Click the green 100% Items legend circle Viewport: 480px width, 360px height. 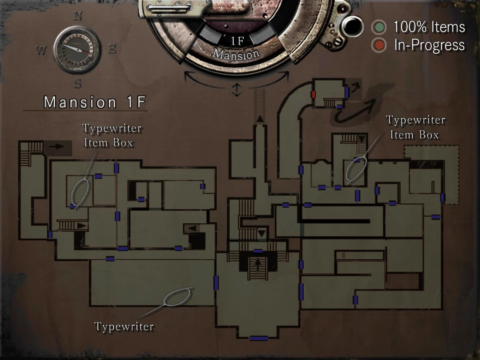coord(379,27)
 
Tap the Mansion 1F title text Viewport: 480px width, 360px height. coord(94,102)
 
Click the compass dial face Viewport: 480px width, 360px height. coord(77,49)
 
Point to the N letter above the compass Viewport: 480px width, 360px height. coord(78,16)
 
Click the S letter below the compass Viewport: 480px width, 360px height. coord(78,84)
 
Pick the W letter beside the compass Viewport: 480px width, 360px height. coord(41,50)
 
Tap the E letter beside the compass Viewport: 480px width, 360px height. coord(112,49)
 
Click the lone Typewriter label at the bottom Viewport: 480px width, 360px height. coord(124,326)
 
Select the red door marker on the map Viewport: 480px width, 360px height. coord(313,94)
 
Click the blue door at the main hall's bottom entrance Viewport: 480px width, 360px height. coord(259,338)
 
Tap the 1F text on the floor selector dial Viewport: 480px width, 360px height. coord(237,41)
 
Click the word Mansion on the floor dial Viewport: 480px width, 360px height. coord(236,54)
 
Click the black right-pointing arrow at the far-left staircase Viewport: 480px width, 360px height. coord(57,146)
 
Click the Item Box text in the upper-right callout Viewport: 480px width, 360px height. coord(414,135)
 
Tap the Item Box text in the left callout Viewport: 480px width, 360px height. coord(108,143)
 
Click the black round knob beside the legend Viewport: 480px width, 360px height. coord(352,26)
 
